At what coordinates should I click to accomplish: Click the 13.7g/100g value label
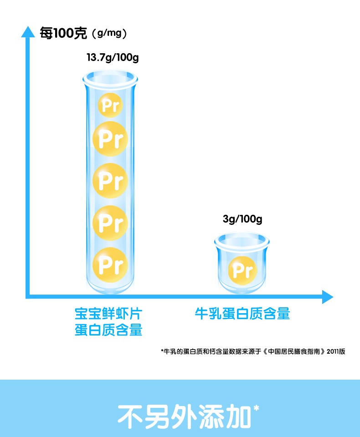113,58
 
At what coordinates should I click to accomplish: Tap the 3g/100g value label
242,219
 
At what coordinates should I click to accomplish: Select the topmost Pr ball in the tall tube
110,106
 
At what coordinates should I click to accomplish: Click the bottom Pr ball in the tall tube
110,264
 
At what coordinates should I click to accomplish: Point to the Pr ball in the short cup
242,270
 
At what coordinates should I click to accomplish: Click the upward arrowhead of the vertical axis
28,31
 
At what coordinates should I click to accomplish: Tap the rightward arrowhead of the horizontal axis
328,297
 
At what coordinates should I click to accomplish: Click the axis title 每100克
62,33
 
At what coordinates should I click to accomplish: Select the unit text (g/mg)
109,34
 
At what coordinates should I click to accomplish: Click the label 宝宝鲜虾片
108,314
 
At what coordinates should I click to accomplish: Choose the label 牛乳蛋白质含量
242,314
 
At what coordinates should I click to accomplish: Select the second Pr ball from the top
110,138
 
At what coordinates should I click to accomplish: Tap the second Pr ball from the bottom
110,223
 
